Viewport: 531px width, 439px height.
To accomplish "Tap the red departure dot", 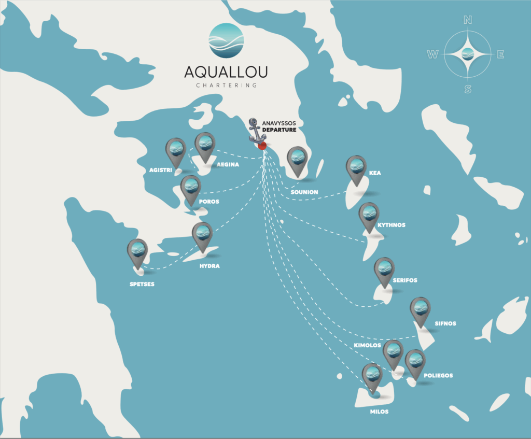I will click(262, 146).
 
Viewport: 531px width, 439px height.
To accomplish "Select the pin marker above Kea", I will click(356, 167).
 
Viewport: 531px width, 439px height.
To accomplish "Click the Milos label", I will click(379, 412).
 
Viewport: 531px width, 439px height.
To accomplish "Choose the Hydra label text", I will click(209, 266).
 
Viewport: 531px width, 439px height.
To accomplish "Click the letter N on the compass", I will click(468, 20).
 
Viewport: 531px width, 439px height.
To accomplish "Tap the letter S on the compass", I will click(468, 89).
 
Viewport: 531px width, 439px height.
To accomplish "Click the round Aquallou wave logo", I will click(226, 40).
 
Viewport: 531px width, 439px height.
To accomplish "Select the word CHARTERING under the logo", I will click(226, 86).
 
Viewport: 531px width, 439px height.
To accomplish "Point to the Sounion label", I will click(304, 192).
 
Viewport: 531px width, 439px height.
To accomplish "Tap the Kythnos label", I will click(392, 225).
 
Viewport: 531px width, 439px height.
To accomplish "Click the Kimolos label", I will click(368, 345).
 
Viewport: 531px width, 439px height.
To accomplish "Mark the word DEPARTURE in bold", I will click(279, 130).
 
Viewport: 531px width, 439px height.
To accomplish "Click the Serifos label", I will click(405, 280).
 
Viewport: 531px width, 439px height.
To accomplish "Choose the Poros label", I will click(209, 202).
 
